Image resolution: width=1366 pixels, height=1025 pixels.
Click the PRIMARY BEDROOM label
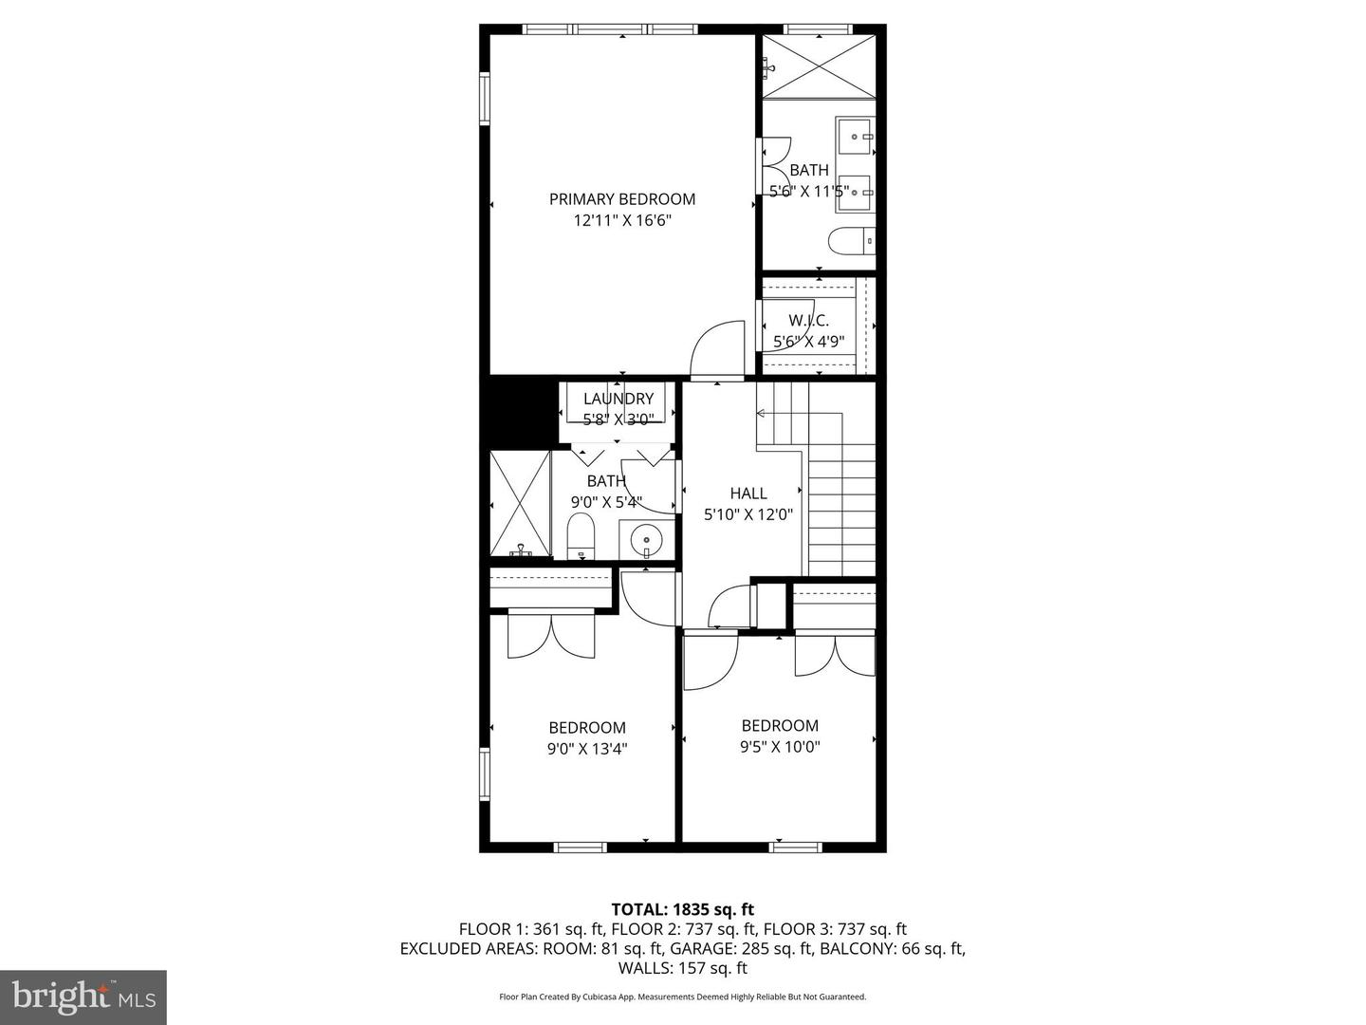pyautogui.click(x=621, y=199)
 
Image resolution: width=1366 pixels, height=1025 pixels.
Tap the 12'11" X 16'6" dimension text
pyautogui.click(x=621, y=220)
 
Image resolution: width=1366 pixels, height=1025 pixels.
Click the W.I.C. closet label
pyautogui.click(x=808, y=321)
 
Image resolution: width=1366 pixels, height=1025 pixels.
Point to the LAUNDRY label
pyautogui.click(x=618, y=399)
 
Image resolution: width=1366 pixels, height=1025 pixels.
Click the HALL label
pyautogui.click(x=748, y=494)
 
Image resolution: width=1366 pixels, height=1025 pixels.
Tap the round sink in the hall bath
pyautogui.click(x=646, y=540)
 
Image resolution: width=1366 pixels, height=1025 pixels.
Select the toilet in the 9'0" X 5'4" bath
pyautogui.click(x=580, y=536)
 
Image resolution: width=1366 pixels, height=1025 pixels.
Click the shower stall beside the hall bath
pyautogui.click(x=520, y=503)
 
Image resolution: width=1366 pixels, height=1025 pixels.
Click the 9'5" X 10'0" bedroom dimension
pyautogui.click(x=780, y=747)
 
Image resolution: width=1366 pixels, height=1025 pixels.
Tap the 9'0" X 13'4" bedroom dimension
pyautogui.click(x=586, y=749)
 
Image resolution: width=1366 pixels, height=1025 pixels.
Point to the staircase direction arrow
pyautogui.click(x=762, y=413)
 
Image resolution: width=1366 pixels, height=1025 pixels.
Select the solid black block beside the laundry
pyautogui.click(x=517, y=410)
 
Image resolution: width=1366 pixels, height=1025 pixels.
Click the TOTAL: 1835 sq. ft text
pyautogui.click(x=682, y=909)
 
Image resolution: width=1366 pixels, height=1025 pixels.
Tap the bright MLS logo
pyautogui.click(x=83, y=997)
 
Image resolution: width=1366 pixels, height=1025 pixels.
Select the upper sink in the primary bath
pyautogui.click(x=855, y=137)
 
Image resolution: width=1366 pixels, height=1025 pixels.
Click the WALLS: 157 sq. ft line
pyautogui.click(x=682, y=968)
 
